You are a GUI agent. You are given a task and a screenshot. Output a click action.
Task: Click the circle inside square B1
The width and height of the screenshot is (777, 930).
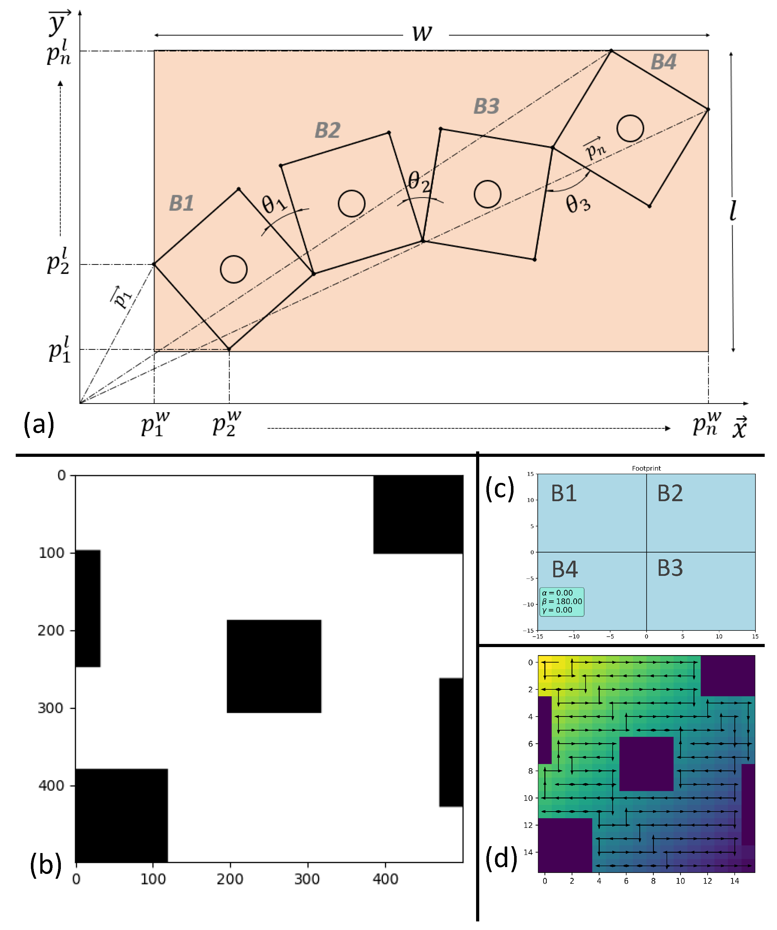(234, 269)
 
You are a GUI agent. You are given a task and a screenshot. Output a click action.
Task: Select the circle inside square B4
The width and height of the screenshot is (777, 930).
(630, 128)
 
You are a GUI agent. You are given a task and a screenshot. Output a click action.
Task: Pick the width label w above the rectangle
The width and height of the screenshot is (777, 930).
(422, 33)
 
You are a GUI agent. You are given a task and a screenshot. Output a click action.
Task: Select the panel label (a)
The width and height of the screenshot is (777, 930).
(39, 424)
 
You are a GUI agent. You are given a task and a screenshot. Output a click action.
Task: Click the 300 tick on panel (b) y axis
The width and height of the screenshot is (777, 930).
(51, 708)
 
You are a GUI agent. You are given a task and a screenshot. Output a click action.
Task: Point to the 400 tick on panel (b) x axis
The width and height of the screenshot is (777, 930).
(385, 879)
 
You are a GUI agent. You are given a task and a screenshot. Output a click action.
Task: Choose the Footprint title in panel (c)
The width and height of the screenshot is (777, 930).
(646, 468)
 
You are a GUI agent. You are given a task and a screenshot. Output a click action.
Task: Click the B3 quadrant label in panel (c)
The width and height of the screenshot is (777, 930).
(670, 568)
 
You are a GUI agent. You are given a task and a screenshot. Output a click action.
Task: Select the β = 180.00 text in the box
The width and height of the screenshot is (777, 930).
(562, 601)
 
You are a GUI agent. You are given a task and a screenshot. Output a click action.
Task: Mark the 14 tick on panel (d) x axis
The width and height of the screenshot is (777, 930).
(734, 881)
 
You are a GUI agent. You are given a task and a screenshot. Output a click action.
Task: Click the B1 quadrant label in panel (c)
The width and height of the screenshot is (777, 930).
(564, 493)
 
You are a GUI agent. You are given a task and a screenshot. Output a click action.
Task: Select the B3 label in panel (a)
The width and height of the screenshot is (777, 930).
(487, 107)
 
